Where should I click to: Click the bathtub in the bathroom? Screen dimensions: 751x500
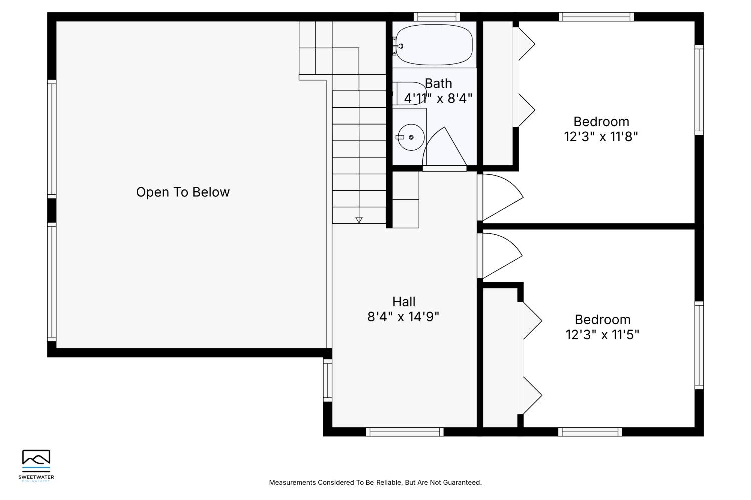[x=434, y=44]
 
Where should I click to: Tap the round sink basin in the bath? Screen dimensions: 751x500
[x=411, y=137]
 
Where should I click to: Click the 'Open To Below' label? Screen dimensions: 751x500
[x=183, y=192]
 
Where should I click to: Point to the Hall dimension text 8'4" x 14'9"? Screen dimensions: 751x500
[x=404, y=317]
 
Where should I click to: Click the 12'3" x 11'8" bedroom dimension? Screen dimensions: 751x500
[x=601, y=137]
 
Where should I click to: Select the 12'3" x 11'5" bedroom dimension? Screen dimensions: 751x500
[x=602, y=335]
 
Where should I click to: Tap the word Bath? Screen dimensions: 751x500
[x=438, y=83]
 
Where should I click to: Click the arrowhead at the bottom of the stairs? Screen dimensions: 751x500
[x=359, y=220]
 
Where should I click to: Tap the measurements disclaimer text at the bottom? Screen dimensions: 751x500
[x=375, y=482]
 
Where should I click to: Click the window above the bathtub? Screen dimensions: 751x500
[x=437, y=17]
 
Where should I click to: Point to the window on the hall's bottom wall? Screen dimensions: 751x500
[x=405, y=432]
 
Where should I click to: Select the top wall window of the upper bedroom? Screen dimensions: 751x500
[x=596, y=17]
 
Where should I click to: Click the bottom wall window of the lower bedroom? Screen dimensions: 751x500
[x=590, y=432]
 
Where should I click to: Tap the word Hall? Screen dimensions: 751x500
[x=404, y=302]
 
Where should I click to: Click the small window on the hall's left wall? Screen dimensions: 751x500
[x=327, y=380]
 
